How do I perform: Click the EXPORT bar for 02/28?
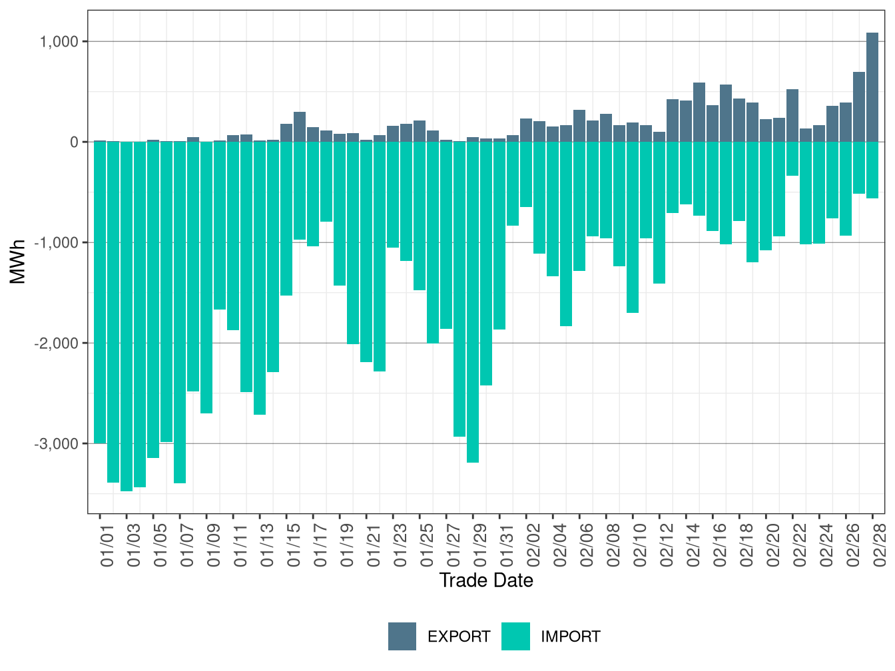pos(872,87)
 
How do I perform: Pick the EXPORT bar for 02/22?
pos(792,115)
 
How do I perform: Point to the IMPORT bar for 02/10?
pos(633,227)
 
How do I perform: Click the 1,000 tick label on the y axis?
pos(60,42)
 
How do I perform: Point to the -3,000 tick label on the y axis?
pos(57,444)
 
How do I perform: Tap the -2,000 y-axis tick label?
pos(57,343)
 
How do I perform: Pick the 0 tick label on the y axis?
pos(75,142)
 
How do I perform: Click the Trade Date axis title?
pos(486,580)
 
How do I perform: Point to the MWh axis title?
pos(18,262)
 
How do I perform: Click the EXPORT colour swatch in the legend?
pos(402,636)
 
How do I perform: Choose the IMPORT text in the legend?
pos(570,637)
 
